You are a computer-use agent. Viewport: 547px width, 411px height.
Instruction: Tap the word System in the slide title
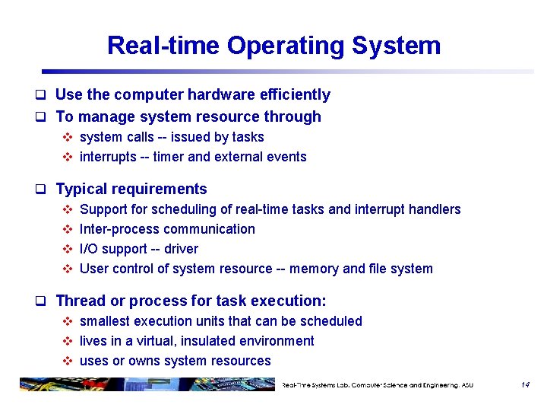397,46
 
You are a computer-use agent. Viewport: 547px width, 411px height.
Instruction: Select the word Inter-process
119,229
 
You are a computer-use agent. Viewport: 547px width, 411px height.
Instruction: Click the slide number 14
524,385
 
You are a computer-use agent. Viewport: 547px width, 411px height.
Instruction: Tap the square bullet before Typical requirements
45,190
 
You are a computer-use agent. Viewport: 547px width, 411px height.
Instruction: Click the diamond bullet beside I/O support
67,249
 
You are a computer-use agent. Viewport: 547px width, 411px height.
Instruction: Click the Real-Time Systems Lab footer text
377,385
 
